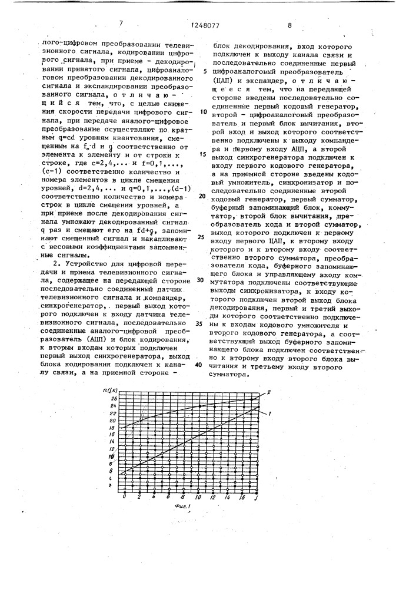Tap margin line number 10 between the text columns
(x=204, y=111)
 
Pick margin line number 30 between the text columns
(x=199, y=280)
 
